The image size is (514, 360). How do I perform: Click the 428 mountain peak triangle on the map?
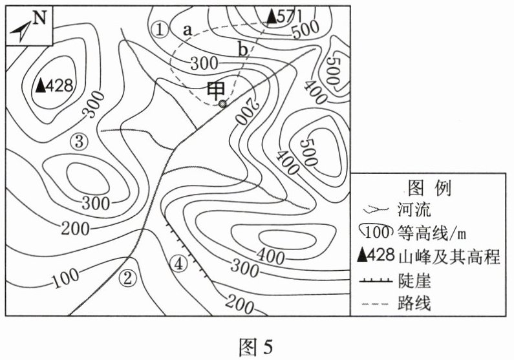coord(41,85)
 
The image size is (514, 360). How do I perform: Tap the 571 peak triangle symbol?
coord(272,16)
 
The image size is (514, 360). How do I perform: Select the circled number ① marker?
coord(160,30)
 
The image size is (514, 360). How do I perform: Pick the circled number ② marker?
coord(127,279)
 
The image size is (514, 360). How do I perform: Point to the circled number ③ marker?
coord(80,142)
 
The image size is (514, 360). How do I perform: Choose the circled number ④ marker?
coord(178,264)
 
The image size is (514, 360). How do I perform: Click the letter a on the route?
coord(187,30)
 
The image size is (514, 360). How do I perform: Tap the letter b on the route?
coord(243,50)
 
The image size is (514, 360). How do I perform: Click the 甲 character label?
coord(216,91)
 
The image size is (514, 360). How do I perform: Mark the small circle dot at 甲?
coord(223,104)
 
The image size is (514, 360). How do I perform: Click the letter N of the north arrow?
coord(39,17)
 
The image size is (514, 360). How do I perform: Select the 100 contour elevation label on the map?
coord(66,278)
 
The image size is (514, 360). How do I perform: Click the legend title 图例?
coord(430,188)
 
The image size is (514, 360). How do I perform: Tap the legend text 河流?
coord(414,209)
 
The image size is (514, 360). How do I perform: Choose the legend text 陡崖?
coord(414,281)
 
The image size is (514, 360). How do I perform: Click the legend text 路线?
coord(414,303)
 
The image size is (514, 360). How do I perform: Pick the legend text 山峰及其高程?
coord(449,257)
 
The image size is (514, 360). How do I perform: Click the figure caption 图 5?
coord(256,347)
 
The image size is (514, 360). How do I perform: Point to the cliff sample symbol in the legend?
coord(376,280)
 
